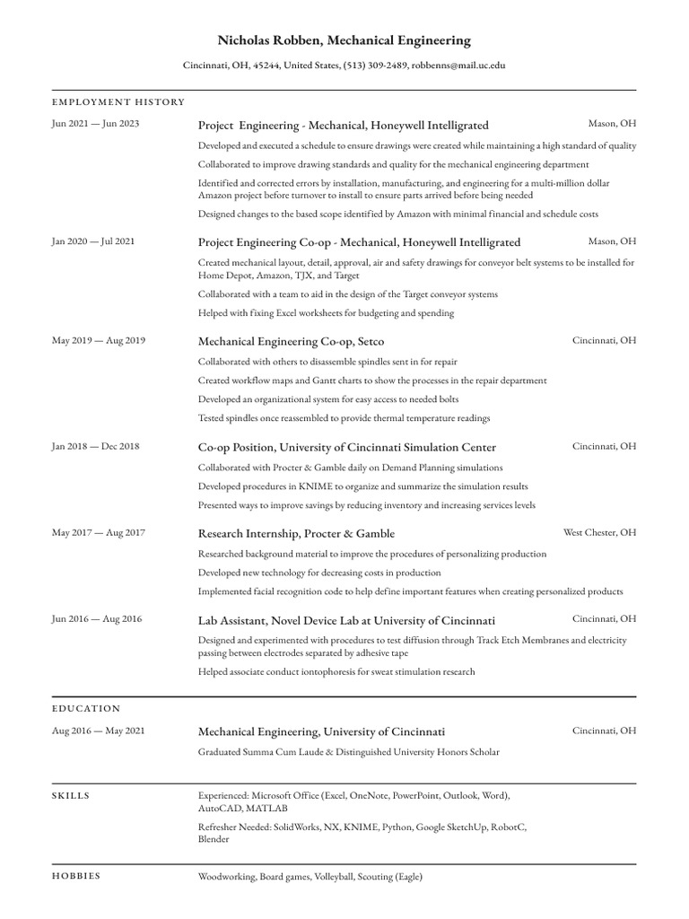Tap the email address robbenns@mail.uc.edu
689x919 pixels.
click(x=458, y=66)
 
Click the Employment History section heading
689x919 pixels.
click(x=118, y=102)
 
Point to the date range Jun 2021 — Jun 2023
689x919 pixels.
click(x=96, y=124)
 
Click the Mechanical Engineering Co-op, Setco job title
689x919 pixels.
click(x=291, y=342)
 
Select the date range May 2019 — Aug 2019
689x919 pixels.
click(x=99, y=341)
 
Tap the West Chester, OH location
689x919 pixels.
click(x=599, y=532)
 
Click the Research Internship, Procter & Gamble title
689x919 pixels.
click(x=296, y=533)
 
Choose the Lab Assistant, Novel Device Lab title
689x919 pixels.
click(x=346, y=620)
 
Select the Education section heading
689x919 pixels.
click(x=86, y=709)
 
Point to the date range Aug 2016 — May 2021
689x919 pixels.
click(x=99, y=731)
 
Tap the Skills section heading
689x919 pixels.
click(x=71, y=795)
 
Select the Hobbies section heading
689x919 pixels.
click(x=76, y=876)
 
